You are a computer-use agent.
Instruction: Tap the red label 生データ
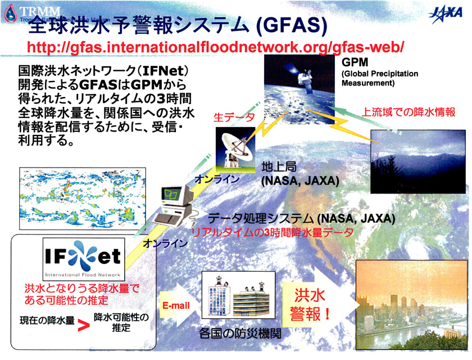pyautogui.click(x=234, y=117)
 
